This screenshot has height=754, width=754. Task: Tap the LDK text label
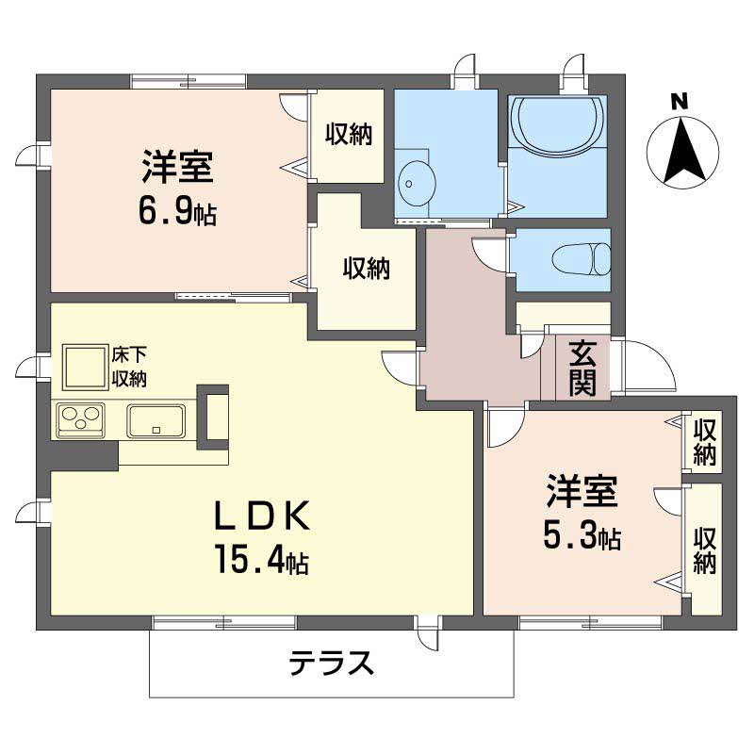262,516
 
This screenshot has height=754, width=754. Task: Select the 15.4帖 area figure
262,559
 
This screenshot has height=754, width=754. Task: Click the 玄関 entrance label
582,369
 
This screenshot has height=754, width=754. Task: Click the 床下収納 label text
129,367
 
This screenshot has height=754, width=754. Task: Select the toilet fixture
582,259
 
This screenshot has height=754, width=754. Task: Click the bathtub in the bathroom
557,126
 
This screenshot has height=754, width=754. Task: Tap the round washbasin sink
418,183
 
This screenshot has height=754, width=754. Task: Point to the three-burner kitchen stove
81,420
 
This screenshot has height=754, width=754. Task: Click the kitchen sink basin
156,420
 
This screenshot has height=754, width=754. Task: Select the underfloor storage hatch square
84,367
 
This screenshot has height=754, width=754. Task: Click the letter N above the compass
680,102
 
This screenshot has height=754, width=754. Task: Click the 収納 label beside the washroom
349,134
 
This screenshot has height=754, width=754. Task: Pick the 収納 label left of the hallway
367,268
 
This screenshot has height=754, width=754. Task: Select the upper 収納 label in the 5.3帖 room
704,442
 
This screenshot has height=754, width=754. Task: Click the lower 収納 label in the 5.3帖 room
704,550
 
